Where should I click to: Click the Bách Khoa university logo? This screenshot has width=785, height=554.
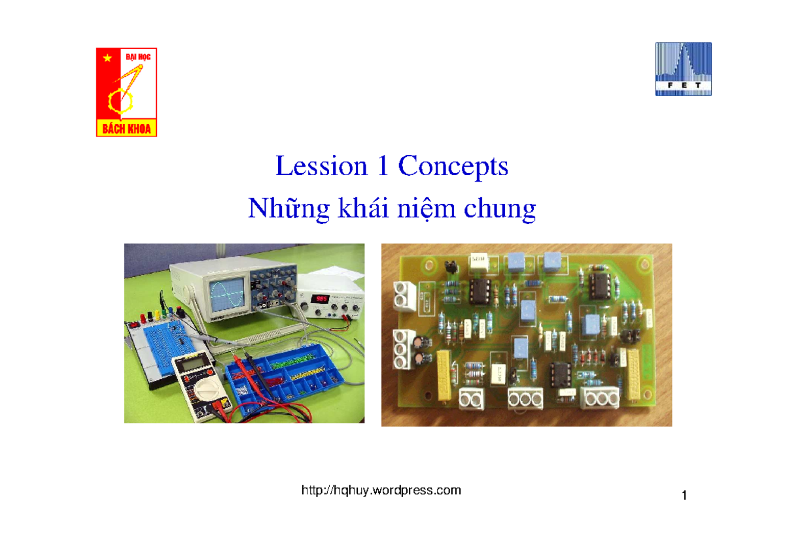126,91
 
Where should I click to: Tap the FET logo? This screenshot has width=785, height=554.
683,69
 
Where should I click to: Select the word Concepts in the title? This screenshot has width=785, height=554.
453,167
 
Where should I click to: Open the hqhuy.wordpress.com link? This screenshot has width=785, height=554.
381,490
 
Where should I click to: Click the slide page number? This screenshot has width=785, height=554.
684,497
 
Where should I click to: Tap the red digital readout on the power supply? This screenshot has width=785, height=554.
321,299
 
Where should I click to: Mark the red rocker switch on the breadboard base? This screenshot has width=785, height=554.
135,324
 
